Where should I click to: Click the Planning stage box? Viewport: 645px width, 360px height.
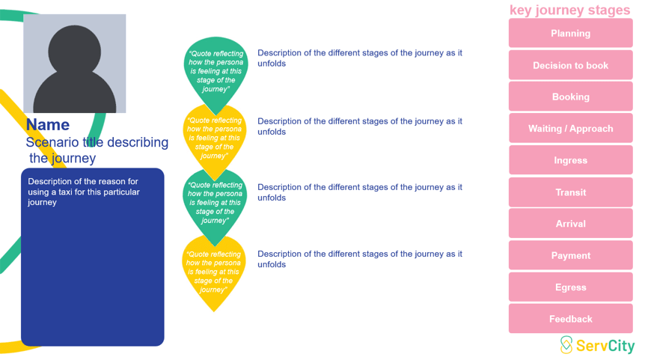coord(570,34)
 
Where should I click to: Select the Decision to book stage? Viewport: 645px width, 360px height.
coord(570,65)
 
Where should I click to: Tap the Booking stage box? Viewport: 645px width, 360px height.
coord(570,97)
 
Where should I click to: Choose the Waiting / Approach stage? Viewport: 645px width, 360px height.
coord(570,129)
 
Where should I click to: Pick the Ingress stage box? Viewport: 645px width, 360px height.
coord(570,160)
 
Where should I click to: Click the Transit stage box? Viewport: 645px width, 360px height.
coord(570,192)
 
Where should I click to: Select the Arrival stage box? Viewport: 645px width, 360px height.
coord(570,224)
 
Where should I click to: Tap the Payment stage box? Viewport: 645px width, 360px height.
coord(570,255)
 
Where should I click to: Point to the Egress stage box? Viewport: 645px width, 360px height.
coord(570,287)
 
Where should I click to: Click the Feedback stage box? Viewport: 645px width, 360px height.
coord(570,319)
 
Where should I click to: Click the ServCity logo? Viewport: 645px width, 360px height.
coord(597,345)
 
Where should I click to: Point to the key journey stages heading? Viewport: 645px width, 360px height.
coord(569,10)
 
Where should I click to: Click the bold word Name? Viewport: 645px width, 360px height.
coord(48,125)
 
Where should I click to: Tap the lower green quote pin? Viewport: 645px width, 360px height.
coord(215,203)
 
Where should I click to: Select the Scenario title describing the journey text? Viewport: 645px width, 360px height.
coord(97,150)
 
